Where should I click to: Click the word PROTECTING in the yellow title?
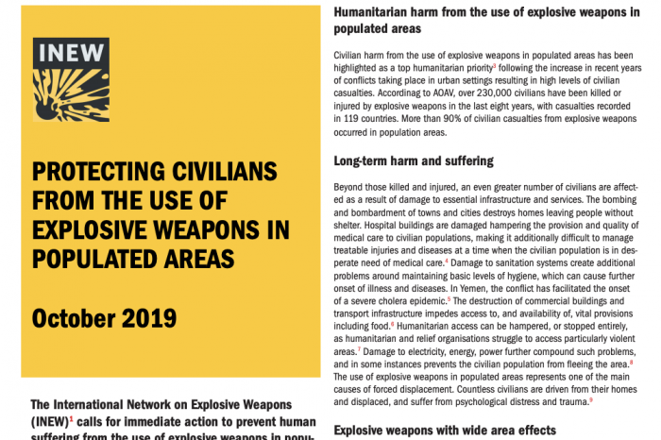coord(97,173)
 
